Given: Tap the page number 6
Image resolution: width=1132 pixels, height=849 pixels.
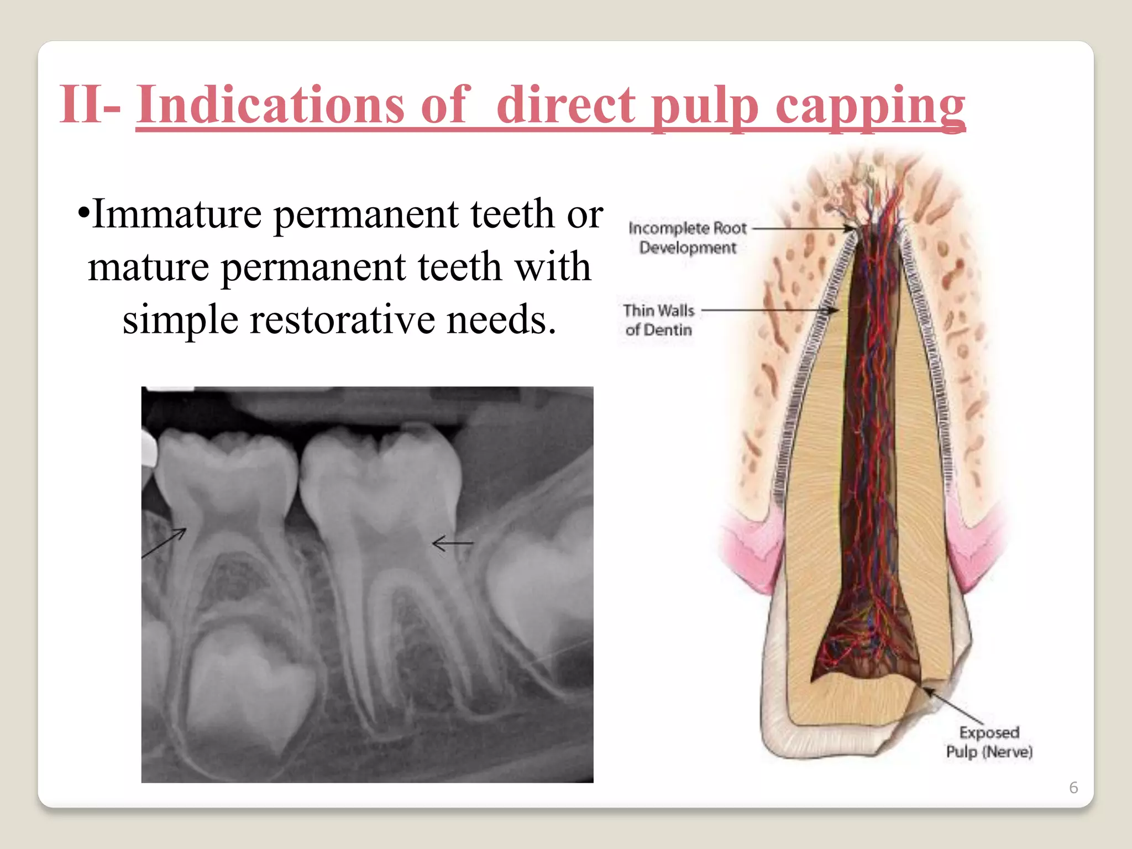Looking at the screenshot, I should point(1073,787).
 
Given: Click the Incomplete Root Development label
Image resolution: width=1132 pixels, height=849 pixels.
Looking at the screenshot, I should point(687,238).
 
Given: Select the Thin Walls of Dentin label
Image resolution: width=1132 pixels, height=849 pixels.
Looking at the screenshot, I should point(658,320).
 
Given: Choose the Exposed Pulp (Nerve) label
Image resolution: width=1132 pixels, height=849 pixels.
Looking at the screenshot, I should point(989,742).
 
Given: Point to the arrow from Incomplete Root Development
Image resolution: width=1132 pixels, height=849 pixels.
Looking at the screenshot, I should point(804,228).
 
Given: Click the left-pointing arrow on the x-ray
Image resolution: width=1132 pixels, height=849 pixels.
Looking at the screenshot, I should point(452,544).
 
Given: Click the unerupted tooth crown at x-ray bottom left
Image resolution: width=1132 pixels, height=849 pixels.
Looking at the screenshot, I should point(249,691).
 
